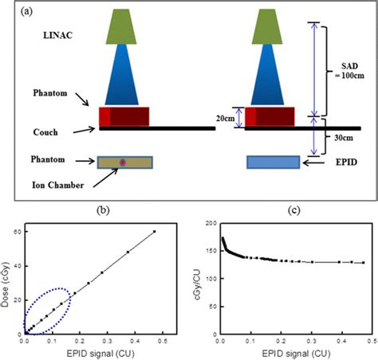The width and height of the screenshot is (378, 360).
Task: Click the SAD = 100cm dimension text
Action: pyautogui.click(x=347, y=66)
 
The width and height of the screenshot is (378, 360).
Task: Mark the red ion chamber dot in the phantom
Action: pyautogui.click(x=123, y=162)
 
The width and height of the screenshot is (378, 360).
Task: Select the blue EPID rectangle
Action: pyautogui.click(x=273, y=162)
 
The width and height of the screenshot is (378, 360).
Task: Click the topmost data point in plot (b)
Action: pyautogui.click(x=155, y=232)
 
